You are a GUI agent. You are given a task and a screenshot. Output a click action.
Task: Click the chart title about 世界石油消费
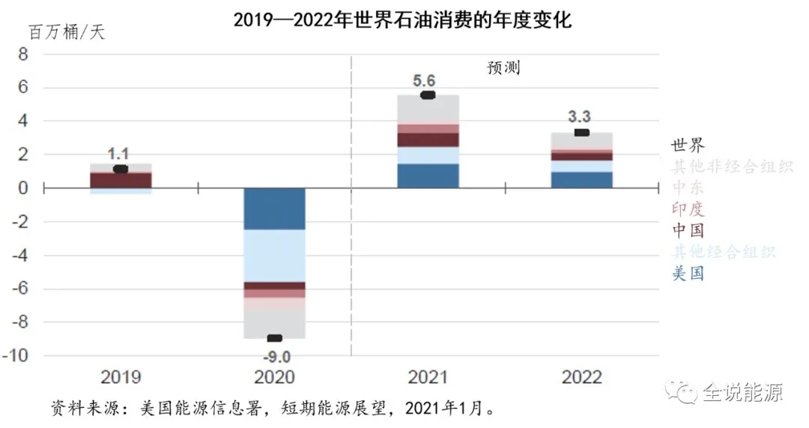(402, 19)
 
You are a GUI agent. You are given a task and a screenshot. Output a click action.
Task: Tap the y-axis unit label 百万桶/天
(67, 33)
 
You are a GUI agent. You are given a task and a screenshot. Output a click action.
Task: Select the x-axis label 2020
(274, 376)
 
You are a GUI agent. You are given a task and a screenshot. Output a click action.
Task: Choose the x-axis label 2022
(581, 376)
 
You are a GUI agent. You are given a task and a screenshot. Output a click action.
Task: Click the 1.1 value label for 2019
(118, 154)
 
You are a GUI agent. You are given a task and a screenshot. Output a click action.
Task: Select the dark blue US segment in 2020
(275, 208)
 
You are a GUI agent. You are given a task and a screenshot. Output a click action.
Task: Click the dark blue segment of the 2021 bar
(428, 175)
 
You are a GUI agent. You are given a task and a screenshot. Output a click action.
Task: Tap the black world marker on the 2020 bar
(275, 338)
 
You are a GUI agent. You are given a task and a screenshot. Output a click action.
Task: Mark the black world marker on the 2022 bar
(581, 133)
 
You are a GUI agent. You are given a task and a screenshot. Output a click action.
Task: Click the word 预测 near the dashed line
(503, 67)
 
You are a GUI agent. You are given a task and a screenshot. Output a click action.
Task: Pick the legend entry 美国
(688, 273)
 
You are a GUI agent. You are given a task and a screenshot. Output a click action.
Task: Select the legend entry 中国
(688, 230)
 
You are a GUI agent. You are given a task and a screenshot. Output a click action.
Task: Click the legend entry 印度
(688, 208)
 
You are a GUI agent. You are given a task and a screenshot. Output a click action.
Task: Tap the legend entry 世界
(688, 145)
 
